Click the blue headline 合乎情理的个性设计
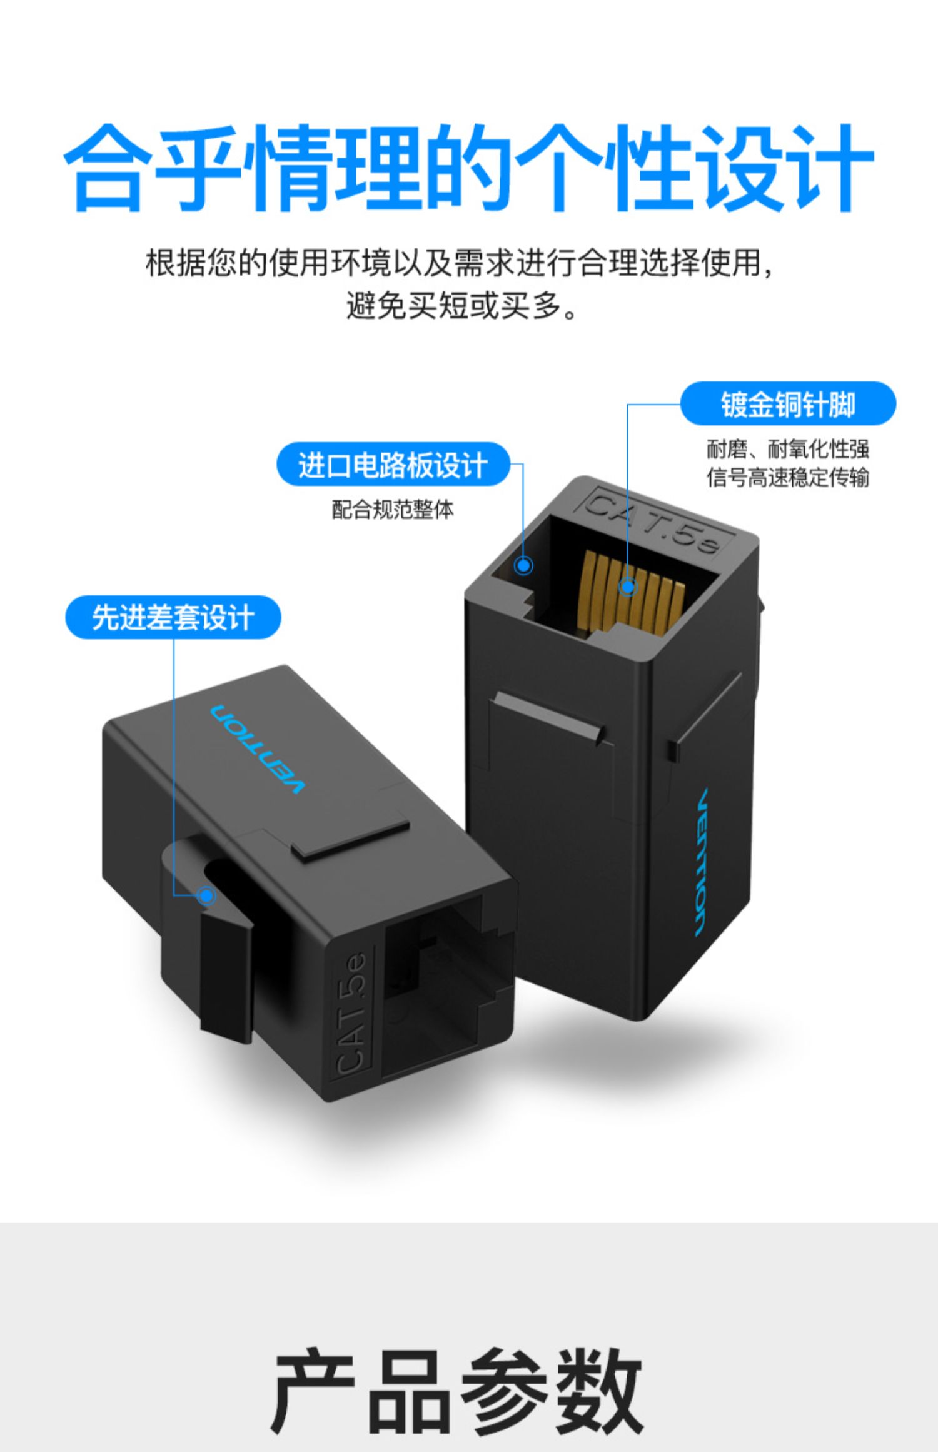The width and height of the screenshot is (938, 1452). (x=469, y=168)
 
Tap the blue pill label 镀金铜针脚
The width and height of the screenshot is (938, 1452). (x=788, y=404)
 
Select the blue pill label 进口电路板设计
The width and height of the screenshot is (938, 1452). (x=393, y=465)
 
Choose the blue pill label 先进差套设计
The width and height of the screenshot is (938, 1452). (x=173, y=617)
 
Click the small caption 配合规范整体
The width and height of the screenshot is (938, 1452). (x=393, y=510)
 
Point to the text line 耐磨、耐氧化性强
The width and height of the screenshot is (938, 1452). (x=788, y=449)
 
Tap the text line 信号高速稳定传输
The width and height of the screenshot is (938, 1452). (x=788, y=478)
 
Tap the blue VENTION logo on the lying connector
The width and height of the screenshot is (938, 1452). (x=257, y=749)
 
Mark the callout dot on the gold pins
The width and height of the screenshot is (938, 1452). (x=628, y=587)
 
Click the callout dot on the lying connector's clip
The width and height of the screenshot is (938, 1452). (x=207, y=896)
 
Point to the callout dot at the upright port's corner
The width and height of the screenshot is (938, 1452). (x=523, y=566)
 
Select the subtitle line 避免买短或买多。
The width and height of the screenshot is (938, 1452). (x=462, y=306)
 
